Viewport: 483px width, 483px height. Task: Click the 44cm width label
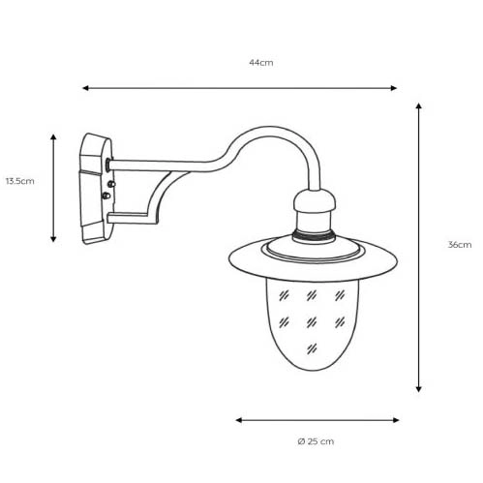click(260, 63)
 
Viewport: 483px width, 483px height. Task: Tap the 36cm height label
click(460, 245)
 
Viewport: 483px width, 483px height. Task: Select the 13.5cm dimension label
click(20, 181)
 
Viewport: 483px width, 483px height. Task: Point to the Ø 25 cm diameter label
click(316, 441)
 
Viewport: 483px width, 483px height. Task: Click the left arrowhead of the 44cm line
click(85, 88)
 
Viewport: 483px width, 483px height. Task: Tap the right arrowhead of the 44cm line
click(394, 88)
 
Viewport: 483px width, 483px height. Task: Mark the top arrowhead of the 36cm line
click(418, 106)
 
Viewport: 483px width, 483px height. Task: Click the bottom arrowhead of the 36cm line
click(418, 389)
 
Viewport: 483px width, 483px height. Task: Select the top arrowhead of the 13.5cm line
click(53, 137)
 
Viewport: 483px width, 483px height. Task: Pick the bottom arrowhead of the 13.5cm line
click(53, 239)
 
